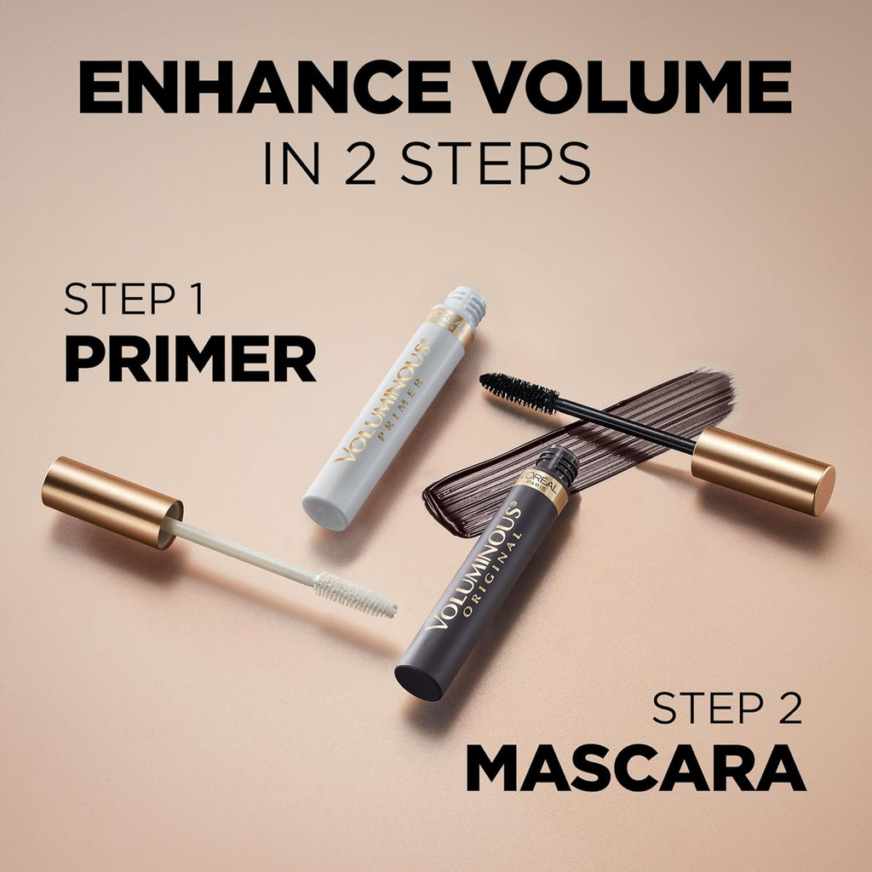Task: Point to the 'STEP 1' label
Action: click(x=134, y=301)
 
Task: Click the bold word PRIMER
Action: click(x=190, y=360)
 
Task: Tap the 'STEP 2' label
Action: click(x=726, y=708)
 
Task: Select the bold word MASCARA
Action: click(x=635, y=771)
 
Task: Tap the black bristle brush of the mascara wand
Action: click(x=519, y=393)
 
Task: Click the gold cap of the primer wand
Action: click(x=111, y=502)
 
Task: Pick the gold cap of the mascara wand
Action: click(x=762, y=470)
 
